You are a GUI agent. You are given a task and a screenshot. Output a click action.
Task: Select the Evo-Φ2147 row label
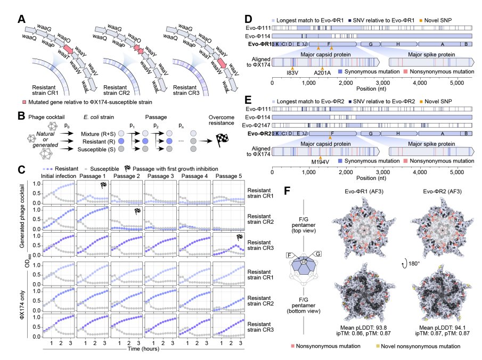coord(258,125)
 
